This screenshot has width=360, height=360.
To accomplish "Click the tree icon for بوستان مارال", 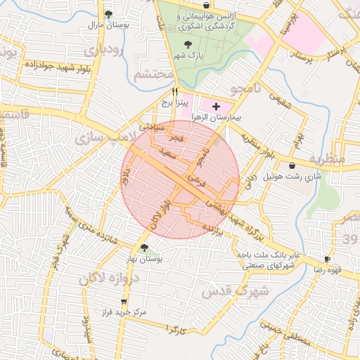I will pos(108,14).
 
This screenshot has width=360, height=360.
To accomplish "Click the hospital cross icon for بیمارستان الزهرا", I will pos(216,105).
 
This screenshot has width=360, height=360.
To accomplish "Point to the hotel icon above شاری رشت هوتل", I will pos(292,165).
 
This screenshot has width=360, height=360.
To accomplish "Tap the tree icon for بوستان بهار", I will pos(144,247).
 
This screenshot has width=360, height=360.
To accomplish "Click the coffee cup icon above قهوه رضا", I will pos(326,259).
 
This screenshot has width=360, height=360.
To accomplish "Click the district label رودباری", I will pos(103,51).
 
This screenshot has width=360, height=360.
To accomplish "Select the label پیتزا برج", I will pos(172,103).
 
